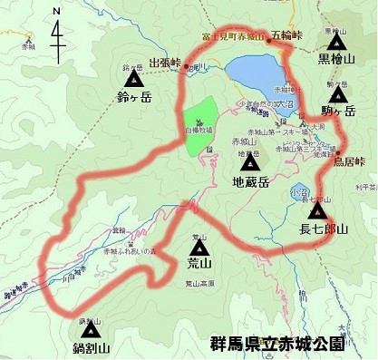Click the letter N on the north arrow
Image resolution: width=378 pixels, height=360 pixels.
57,11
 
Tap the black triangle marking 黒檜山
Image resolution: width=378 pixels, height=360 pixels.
337,42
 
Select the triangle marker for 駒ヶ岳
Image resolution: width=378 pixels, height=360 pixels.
338,94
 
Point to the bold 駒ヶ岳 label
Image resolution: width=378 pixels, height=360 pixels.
338,111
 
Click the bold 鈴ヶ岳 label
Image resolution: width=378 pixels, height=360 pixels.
132,92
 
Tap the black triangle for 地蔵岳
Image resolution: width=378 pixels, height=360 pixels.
250,165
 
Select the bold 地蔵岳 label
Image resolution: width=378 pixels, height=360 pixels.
250,181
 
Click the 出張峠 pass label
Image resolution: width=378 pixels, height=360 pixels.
165,63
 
